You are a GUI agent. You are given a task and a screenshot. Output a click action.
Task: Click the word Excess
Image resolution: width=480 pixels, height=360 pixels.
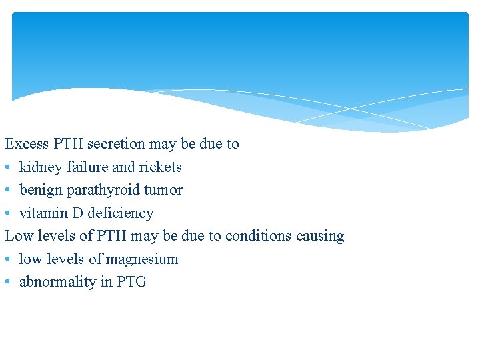click(27, 144)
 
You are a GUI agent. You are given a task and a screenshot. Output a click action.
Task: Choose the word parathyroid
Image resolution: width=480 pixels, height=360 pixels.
click(101, 191)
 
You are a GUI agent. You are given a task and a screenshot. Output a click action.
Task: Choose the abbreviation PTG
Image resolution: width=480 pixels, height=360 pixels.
click(131, 282)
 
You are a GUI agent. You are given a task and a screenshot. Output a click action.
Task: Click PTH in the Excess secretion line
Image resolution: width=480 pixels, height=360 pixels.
click(69, 144)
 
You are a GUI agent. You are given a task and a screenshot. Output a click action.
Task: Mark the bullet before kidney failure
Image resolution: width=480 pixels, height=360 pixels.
click(8, 167)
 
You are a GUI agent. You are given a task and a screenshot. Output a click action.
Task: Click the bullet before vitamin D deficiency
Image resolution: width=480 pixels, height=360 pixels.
click(8, 213)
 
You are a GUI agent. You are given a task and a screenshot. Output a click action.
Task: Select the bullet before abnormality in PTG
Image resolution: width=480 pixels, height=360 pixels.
click(8, 283)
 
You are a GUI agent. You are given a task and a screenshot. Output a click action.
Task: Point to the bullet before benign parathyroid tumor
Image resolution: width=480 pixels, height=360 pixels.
click(8, 191)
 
